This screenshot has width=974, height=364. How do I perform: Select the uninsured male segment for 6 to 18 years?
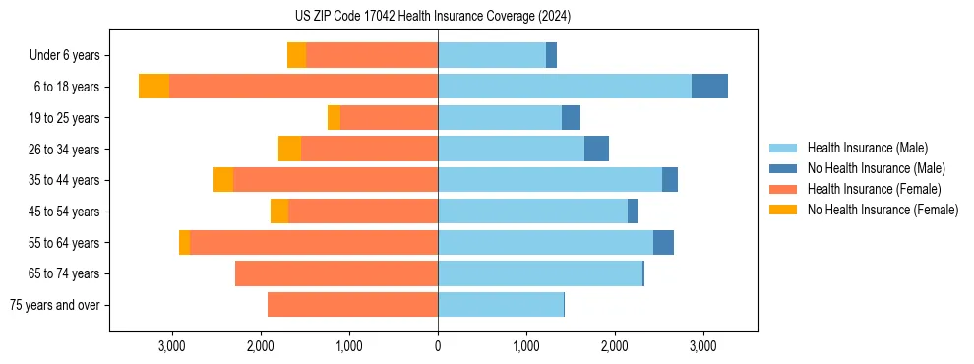[709, 87]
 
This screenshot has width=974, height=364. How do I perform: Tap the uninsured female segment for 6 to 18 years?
[153, 87]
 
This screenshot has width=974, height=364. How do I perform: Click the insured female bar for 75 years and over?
[352, 305]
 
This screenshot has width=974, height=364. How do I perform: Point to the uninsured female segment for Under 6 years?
[296, 55]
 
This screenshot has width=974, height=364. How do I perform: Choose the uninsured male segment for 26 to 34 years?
[596, 149]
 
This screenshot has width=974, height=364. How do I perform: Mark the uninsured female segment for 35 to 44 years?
[223, 180]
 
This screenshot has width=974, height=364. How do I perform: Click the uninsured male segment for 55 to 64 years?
[663, 242]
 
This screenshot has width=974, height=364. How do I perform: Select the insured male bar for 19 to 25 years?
[500, 118]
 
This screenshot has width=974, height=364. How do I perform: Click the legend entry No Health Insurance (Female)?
[883, 210]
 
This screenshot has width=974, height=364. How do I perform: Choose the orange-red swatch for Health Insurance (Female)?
[784, 189]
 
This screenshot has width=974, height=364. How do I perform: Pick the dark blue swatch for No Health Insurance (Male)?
[784, 168]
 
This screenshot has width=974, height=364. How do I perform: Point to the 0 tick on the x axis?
[438, 346]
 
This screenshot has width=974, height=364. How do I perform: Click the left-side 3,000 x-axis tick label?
[172, 346]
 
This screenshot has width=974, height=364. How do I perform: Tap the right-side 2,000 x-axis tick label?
[614, 346]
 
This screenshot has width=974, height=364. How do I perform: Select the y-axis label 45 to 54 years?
[65, 212]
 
